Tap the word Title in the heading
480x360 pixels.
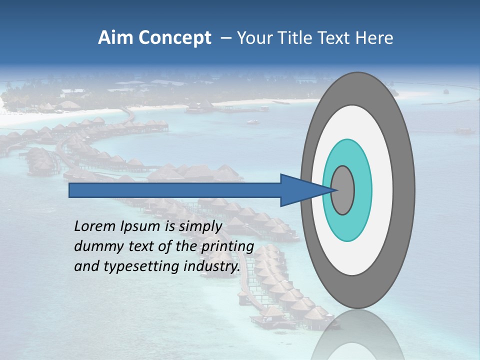[x=293, y=38]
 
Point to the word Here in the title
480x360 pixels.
[x=374, y=38]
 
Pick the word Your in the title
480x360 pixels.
[x=253, y=38]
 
